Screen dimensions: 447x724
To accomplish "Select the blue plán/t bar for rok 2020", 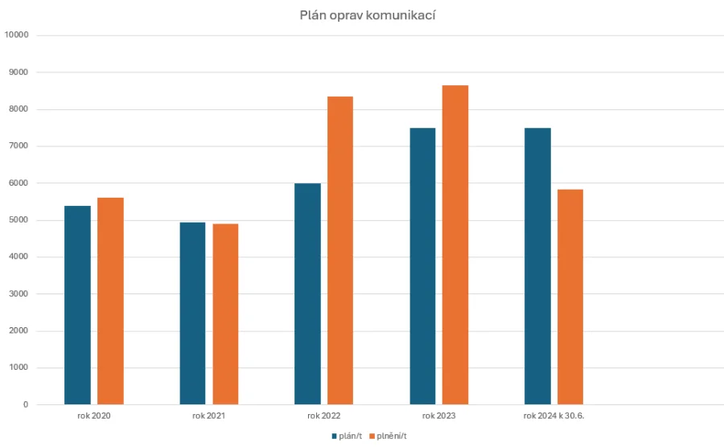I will click(77, 306).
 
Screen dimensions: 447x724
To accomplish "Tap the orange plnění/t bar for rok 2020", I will click(110, 301).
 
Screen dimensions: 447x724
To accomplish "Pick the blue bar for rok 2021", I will click(192, 314).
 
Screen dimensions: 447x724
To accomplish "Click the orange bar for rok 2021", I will click(225, 314).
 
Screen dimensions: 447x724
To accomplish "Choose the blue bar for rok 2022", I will click(307, 294).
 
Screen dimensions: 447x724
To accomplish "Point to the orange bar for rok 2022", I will click(340, 251).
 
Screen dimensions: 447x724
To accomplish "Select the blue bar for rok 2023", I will click(422, 266).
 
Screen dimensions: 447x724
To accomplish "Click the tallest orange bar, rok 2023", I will click(455, 245).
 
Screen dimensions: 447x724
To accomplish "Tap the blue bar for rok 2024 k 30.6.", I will click(537, 266).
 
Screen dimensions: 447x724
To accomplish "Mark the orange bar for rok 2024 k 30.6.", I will click(570, 297).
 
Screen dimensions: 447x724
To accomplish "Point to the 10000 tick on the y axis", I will click(16, 35).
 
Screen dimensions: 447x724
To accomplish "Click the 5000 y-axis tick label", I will click(19, 220).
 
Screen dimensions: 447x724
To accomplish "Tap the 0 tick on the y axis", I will click(26, 405).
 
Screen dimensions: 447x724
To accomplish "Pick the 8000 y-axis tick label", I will click(19, 109).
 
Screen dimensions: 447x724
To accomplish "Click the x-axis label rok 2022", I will click(323, 416).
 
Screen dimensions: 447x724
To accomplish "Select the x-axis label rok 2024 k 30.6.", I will click(553, 416).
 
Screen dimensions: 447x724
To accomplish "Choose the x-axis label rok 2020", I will click(94, 416).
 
